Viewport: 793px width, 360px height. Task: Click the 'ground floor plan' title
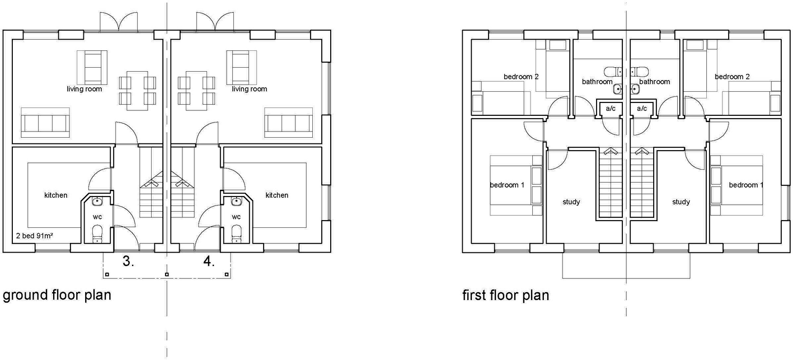(57, 295)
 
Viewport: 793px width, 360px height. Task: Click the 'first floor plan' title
(505, 295)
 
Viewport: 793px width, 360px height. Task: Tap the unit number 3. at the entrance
(128, 261)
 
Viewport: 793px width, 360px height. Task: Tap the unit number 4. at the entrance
(209, 261)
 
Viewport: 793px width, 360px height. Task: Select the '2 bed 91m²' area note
(34, 236)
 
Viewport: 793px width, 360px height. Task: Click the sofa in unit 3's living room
(45, 123)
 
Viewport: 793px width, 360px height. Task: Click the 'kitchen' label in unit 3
(56, 195)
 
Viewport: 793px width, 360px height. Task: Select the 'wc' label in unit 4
(236, 217)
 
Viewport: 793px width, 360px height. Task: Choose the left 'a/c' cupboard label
(611, 109)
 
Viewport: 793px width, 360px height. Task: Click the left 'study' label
(571, 202)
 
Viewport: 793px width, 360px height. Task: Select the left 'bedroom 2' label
(521, 77)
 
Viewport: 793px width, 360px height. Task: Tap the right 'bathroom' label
(655, 82)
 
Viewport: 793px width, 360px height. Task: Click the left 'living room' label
(85, 89)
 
